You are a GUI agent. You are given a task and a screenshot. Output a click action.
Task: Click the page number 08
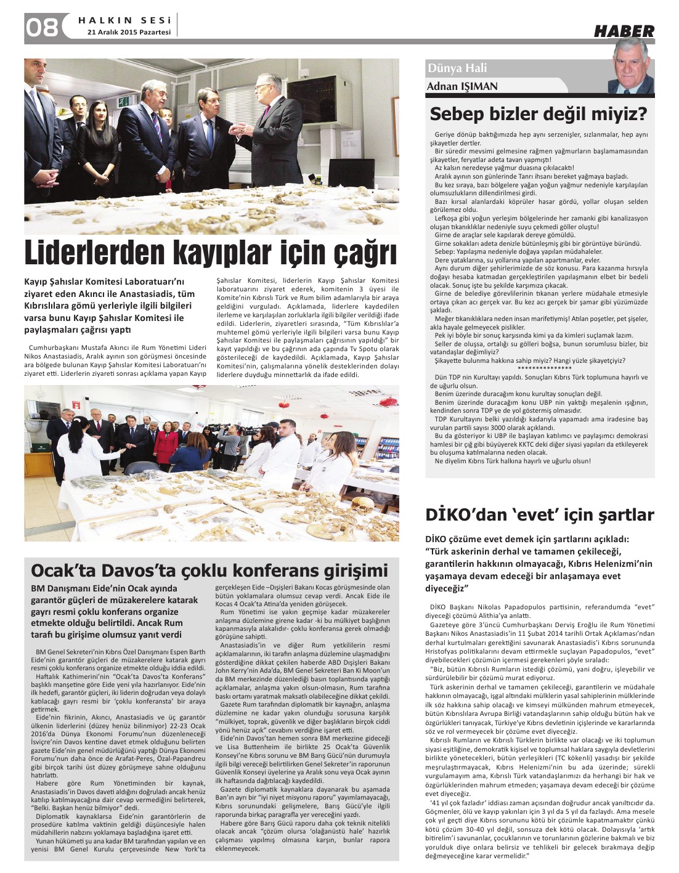(x=41, y=27)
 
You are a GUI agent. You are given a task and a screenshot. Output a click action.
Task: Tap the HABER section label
(x=624, y=31)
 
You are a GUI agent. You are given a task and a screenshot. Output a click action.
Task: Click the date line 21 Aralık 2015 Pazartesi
(x=129, y=32)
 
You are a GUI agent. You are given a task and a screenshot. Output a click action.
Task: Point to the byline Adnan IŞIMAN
(x=462, y=86)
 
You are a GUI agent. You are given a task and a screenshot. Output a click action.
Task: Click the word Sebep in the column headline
(x=460, y=114)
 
